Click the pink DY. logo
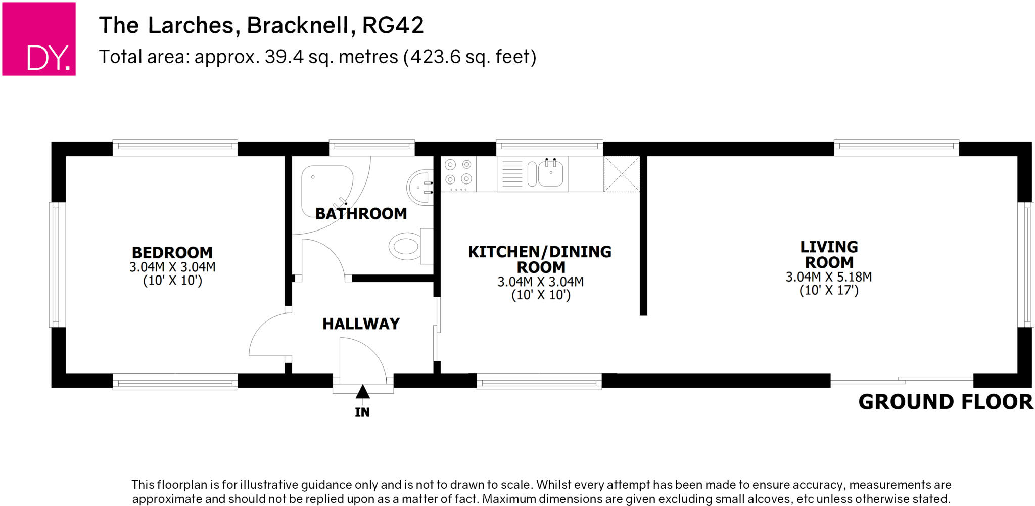coord(39,39)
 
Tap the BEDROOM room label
coord(172,252)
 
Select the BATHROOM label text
coord(361,214)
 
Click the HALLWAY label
coord(361,324)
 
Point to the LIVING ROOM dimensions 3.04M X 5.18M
coord(829,277)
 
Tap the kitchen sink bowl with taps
coord(551,173)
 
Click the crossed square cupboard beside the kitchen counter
coord(622,174)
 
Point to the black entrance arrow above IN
coord(362,392)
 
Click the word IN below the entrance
coord(362,412)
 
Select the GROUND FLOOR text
coord(945,402)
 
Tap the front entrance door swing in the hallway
coord(361,359)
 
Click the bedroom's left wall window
coord(57,264)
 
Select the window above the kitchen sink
coord(549,147)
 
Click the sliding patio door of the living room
coord(902,380)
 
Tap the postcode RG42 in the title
coord(393,25)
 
